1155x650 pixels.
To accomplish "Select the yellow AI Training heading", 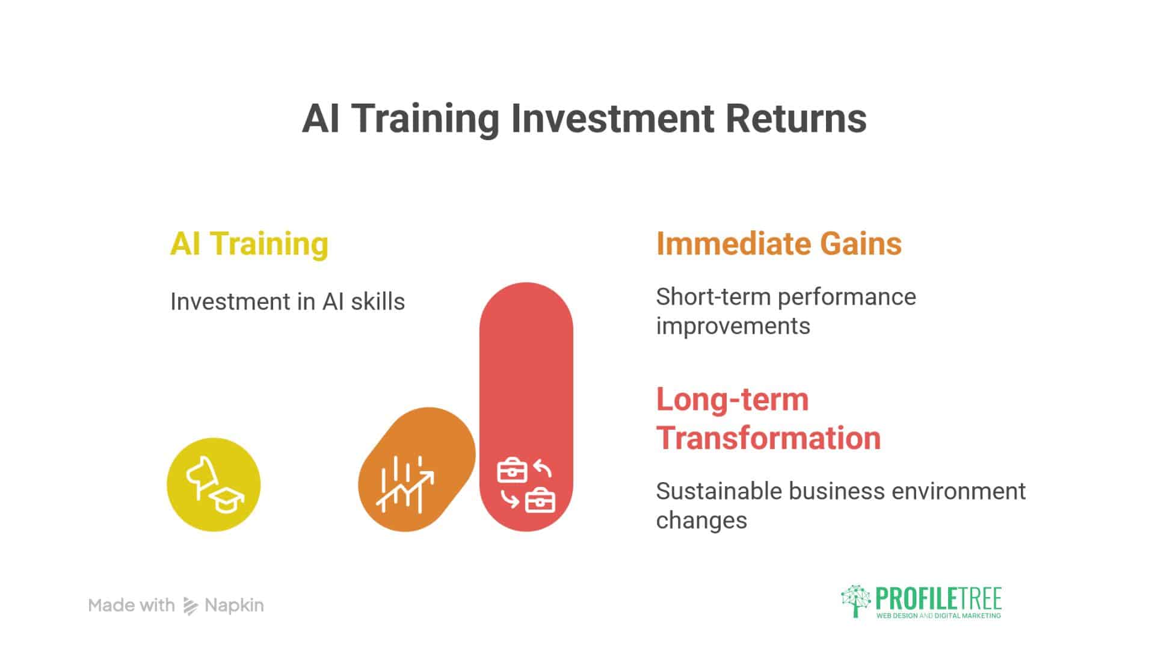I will coord(249,244).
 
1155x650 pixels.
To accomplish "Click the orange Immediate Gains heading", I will coord(778,244).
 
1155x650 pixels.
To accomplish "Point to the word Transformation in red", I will coord(768,438).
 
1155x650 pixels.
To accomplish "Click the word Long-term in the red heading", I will coord(732,400).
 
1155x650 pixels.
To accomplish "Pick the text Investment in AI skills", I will coord(288,302).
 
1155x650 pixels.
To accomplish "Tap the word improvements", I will coord(733,326).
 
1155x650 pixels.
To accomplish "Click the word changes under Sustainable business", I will coord(701,521).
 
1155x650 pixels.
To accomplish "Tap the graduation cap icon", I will coord(226,500).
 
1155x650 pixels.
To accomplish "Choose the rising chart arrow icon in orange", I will coord(404,484).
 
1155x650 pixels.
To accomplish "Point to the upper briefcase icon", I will coord(512,471).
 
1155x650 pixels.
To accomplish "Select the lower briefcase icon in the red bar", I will coord(540,501).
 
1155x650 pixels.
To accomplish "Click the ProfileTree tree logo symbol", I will coord(855,601).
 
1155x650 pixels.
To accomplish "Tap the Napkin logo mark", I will coord(190,606).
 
